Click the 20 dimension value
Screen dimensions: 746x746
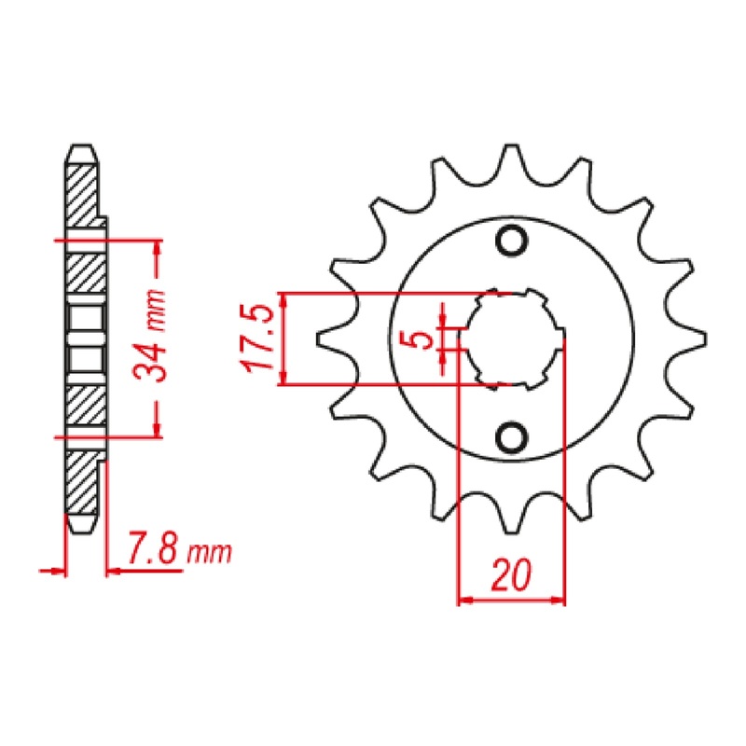(x=511, y=575)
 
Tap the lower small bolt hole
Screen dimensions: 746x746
(x=510, y=435)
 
